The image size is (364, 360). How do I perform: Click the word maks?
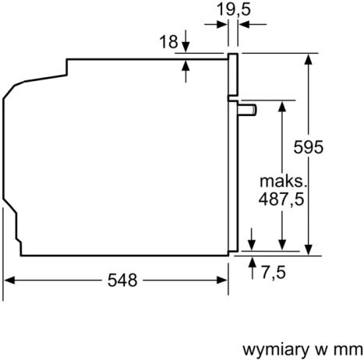[279, 181]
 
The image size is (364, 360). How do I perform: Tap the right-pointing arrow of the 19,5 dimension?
[223, 24]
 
